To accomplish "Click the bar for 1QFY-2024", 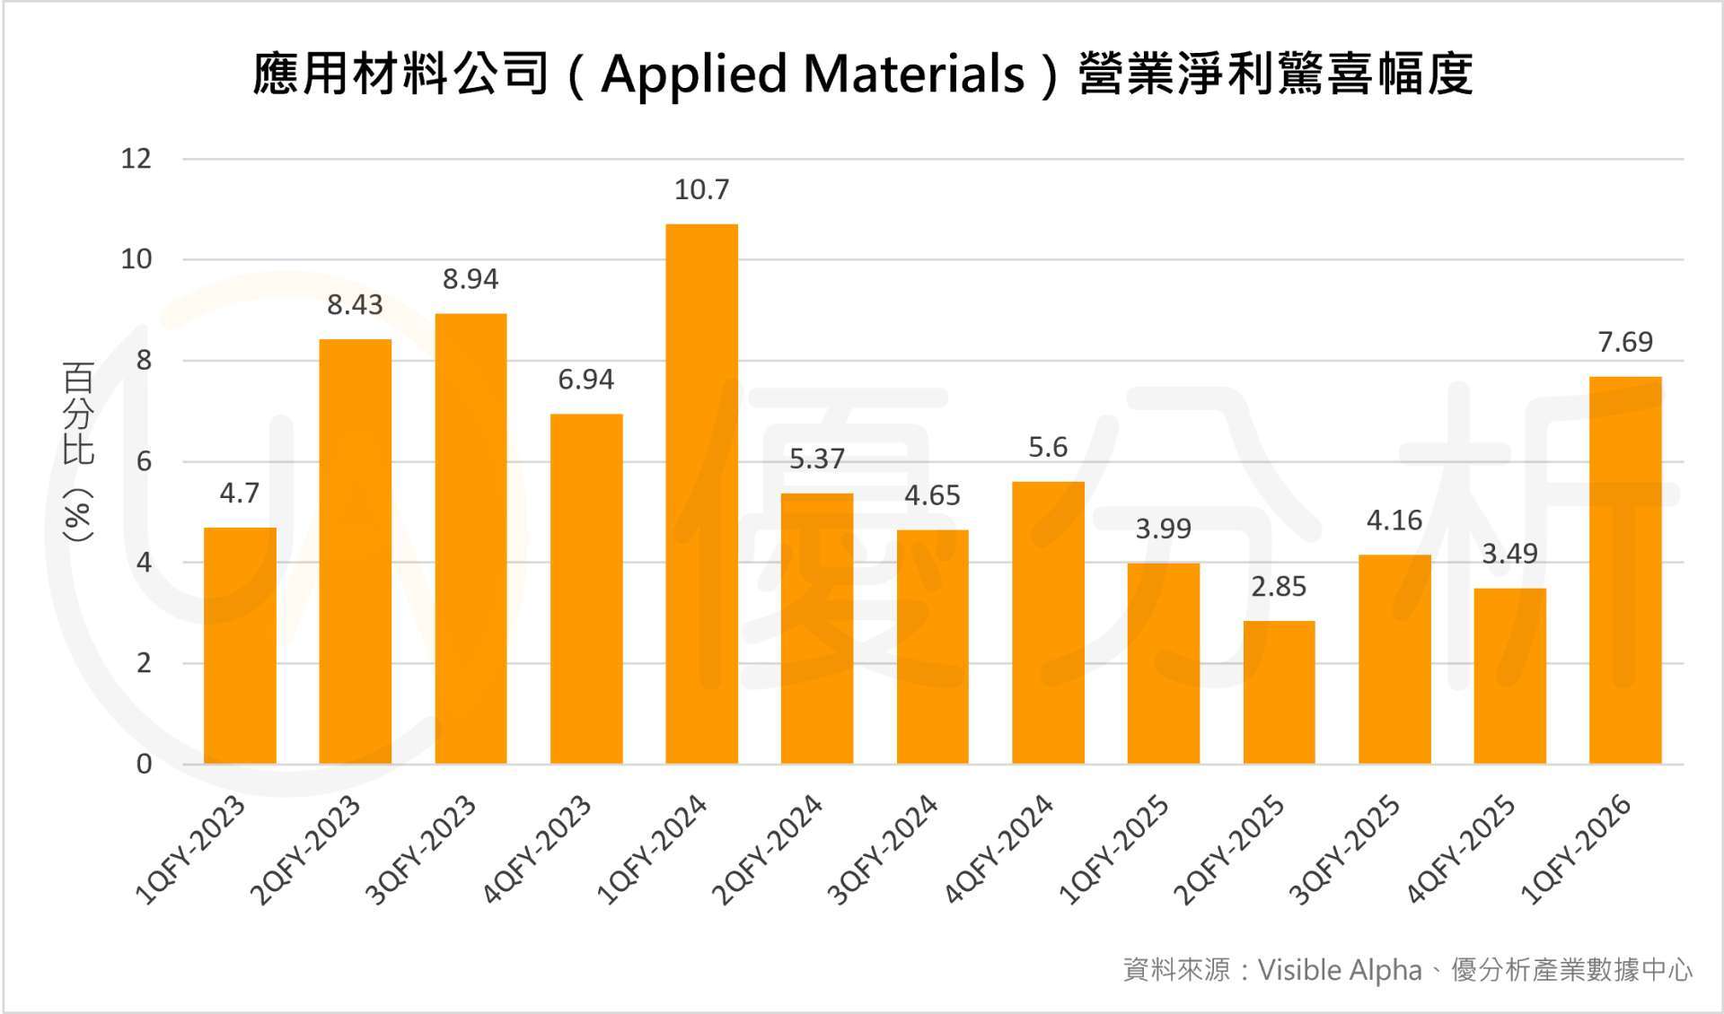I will (x=701, y=494).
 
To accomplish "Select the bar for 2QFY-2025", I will (x=1279, y=692).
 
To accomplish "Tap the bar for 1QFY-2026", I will (x=1625, y=570).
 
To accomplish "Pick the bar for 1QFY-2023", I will (x=240, y=645).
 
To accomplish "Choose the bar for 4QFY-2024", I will (x=1048, y=623).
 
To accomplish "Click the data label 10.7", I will (x=701, y=189).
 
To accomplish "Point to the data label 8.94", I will (x=471, y=279).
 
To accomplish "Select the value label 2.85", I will (x=1279, y=587).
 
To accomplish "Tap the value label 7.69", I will (x=1625, y=342).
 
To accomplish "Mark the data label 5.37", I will (x=817, y=459).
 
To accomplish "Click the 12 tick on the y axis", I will (x=136, y=159).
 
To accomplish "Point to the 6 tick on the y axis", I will (x=144, y=461).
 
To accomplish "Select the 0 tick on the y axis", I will (x=144, y=764).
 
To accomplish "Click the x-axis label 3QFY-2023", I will (x=420, y=850).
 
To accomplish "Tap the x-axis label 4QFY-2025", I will (x=1460, y=850).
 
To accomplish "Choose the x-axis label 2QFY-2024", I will (x=767, y=850).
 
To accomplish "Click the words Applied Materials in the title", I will (x=813, y=74).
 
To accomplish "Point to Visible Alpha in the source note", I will (x=1340, y=970).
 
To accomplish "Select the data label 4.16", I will (x=1394, y=520).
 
